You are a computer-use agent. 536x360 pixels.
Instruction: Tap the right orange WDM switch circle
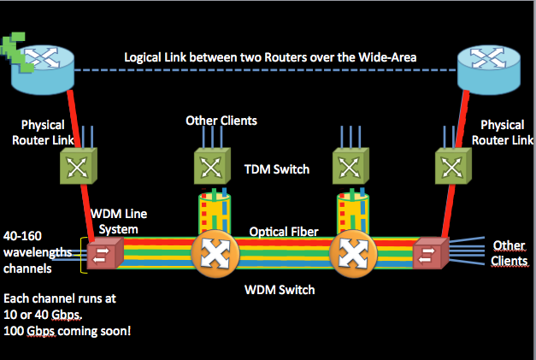(350, 254)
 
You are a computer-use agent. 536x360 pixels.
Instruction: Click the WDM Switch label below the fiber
(280, 290)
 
